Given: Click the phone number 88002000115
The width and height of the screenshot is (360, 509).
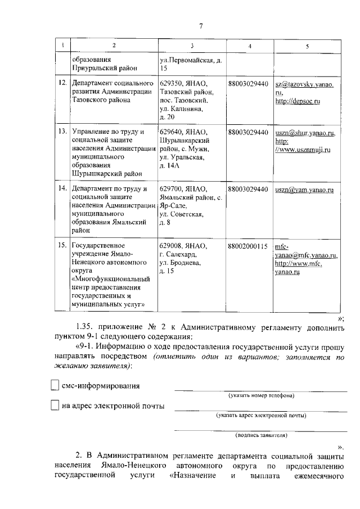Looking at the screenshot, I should point(248,246).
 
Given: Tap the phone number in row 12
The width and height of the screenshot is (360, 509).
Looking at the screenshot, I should point(248,83).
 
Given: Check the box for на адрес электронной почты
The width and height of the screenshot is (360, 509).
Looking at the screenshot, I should point(54,405).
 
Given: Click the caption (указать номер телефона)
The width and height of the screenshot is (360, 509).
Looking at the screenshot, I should point(260,395).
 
